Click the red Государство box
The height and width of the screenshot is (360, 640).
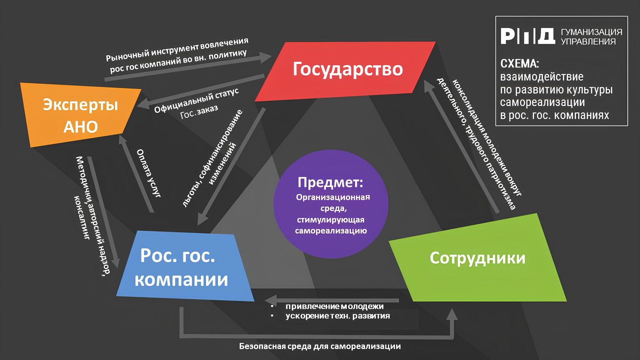point(347,70)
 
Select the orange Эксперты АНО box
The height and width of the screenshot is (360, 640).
point(80,114)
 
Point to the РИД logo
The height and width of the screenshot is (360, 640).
point(527,36)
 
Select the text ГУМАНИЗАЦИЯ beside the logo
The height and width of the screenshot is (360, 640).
point(591,32)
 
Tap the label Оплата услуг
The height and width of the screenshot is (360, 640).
point(149,173)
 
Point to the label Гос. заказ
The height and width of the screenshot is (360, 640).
point(199,112)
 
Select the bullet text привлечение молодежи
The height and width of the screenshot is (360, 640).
point(334,306)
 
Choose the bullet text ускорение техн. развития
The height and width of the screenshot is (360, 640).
point(338,316)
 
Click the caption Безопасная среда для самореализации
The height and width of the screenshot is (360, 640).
point(320,346)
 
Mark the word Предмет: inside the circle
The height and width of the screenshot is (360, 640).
point(330,182)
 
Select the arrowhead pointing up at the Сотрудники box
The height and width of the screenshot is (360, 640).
point(452,315)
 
